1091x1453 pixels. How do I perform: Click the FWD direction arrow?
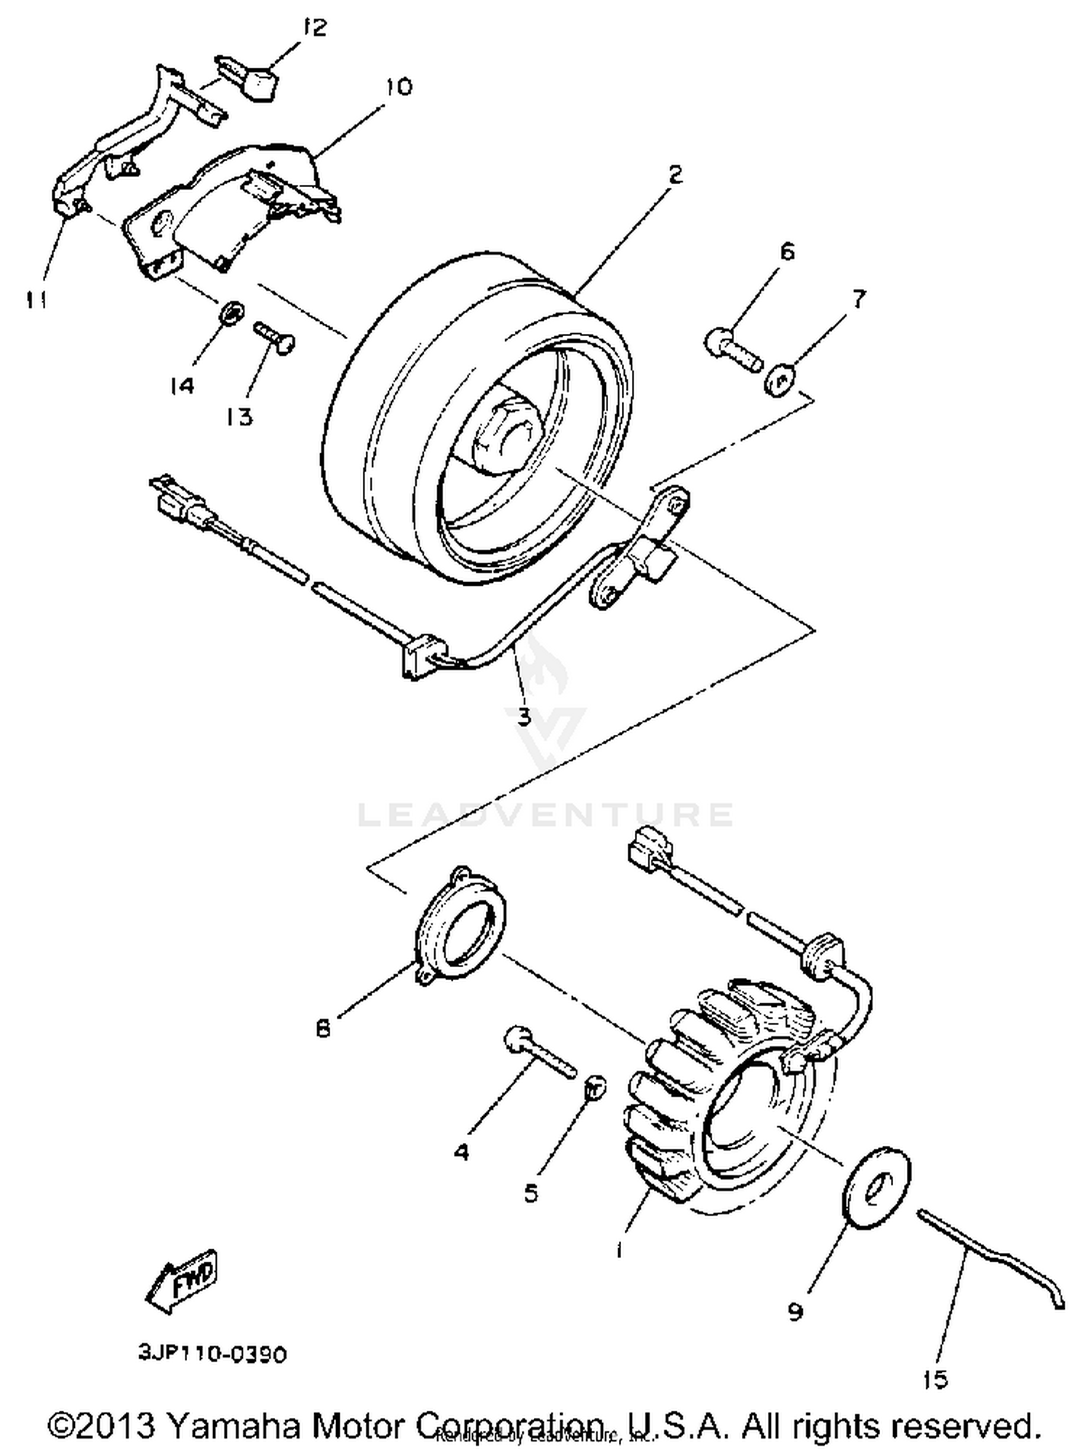(x=182, y=1283)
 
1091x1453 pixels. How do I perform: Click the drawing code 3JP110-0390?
(x=212, y=1354)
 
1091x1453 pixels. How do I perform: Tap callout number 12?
(x=316, y=28)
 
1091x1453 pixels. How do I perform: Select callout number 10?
(x=399, y=87)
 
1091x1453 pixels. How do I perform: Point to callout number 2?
(x=675, y=175)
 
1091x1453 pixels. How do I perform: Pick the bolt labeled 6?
(x=732, y=350)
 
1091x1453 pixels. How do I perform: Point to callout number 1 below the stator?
(x=618, y=1249)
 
